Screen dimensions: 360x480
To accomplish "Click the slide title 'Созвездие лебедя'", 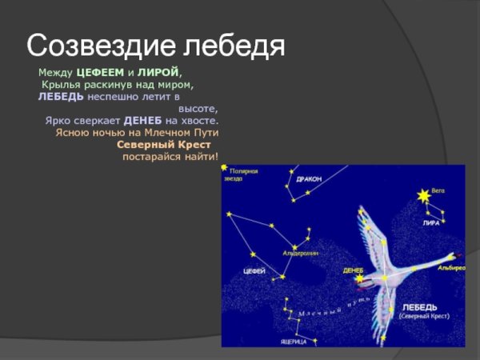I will [x=155, y=46].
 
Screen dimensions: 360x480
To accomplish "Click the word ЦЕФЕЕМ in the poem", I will [x=98, y=73].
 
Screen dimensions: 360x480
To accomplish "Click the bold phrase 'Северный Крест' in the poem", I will [x=164, y=144].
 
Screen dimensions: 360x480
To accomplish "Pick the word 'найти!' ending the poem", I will [x=200, y=156].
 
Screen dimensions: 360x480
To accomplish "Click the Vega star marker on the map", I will [x=421, y=195].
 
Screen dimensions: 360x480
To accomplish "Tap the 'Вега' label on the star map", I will [x=438, y=191].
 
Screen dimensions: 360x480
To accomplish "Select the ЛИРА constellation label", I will [x=431, y=223].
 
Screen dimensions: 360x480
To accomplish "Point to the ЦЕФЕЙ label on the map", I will [x=254, y=270].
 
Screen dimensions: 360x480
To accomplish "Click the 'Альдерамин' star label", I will [x=301, y=252].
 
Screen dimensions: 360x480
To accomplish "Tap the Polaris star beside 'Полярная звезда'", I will [x=225, y=170].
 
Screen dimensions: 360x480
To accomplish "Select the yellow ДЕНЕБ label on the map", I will [x=353, y=270].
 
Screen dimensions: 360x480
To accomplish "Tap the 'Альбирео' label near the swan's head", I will [x=450, y=268].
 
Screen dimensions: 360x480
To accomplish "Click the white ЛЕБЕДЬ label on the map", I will [x=419, y=307].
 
